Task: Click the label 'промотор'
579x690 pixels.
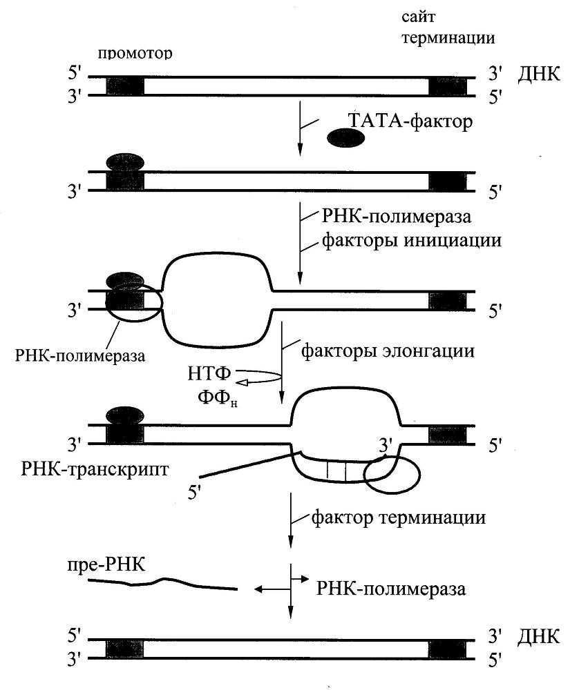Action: (135, 54)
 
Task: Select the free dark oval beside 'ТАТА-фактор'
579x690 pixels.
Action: (346, 139)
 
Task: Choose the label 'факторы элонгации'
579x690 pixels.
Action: (388, 351)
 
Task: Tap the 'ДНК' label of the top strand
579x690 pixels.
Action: (538, 75)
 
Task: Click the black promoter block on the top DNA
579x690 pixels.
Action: (125, 86)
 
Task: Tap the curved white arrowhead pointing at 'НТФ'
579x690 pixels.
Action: (243, 380)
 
